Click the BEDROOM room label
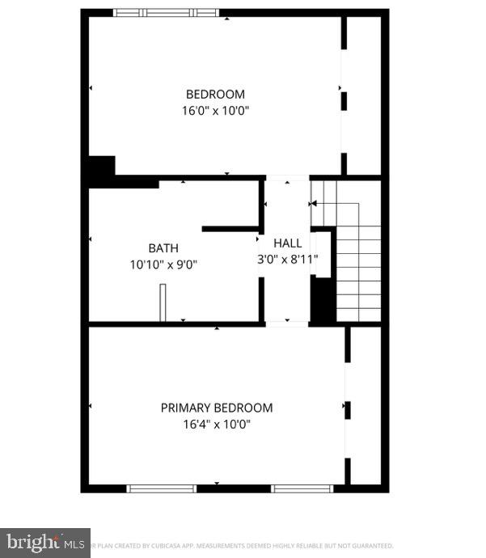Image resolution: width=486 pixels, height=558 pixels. tap(215, 94)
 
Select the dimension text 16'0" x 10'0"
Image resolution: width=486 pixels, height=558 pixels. tap(215, 111)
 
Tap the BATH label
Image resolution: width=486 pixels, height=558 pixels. tap(163, 247)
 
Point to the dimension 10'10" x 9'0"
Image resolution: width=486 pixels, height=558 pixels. tap(163, 264)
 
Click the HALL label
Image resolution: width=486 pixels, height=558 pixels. tap(287, 243)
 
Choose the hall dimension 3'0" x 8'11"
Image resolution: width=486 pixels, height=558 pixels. tap(287, 260)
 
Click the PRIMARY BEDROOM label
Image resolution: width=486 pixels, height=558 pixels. tap(217, 408)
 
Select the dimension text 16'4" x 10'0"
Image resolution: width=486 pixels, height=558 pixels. tap(217, 425)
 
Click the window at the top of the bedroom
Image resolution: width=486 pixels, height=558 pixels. tap(166, 13)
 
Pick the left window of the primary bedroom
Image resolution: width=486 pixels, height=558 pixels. tap(162, 488)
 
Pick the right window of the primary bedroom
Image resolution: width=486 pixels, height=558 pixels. tap(302, 488)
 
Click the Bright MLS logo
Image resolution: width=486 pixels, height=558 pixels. tap(44, 542)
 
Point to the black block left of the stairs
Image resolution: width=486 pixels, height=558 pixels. tap(323, 300)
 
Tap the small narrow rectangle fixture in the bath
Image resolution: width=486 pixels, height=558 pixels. tap(163, 302)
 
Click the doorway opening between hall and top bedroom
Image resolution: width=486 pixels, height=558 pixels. tap(287, 177)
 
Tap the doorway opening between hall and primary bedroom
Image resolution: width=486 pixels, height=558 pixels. tap(287, 323)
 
